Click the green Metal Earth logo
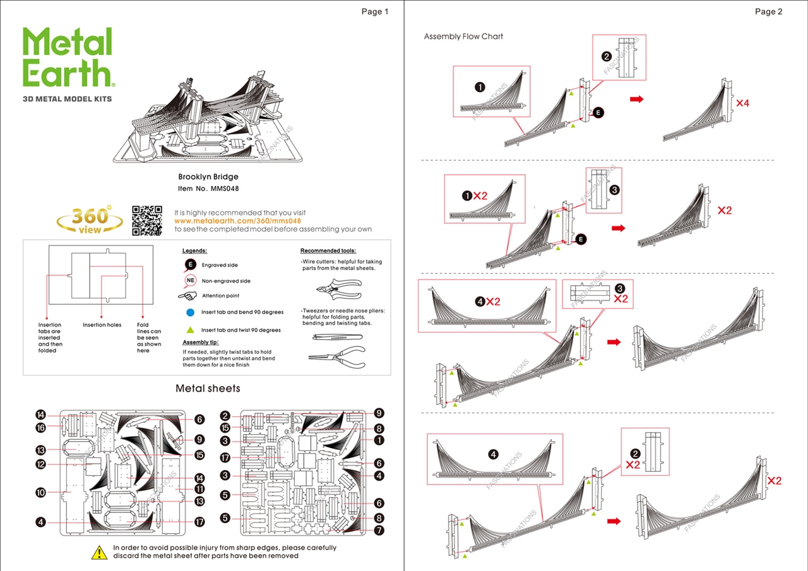coord(68,57)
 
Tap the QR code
coord(146,220)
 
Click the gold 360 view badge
coord(90,220)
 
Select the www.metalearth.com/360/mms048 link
coord(237,221)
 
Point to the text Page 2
coord(768,11)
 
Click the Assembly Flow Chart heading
coord(463,37)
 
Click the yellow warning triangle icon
coord(100,553)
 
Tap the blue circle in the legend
coord(190,312)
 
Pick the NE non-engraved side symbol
coord(190,281)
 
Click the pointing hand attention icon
coord(187,295)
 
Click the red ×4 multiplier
coord(742,103)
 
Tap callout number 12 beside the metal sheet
coord(41,464)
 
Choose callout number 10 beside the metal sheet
coord(41,492)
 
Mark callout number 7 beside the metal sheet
coord(379,531)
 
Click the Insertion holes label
coord(102,325)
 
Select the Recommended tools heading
coord(328,250)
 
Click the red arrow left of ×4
coord(637,99)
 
